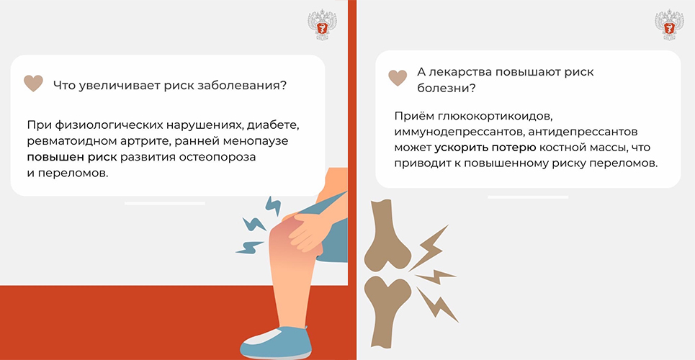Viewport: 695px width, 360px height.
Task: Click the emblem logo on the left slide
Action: [322, 25]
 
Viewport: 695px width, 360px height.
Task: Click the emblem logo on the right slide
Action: [669, 25]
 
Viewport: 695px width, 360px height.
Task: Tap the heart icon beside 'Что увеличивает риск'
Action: [33, 84]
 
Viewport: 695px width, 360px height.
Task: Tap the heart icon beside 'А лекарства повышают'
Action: [398, 78]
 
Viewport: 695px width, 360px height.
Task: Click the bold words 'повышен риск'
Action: [72, 158]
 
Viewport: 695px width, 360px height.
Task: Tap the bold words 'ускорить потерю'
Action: [486, 148]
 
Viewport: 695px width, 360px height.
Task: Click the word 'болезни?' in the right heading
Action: [447, 88]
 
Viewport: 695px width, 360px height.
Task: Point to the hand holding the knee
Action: [307, 229]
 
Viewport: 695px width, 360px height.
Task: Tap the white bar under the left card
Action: [165, 204]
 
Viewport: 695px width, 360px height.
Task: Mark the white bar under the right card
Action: [528, 197]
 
